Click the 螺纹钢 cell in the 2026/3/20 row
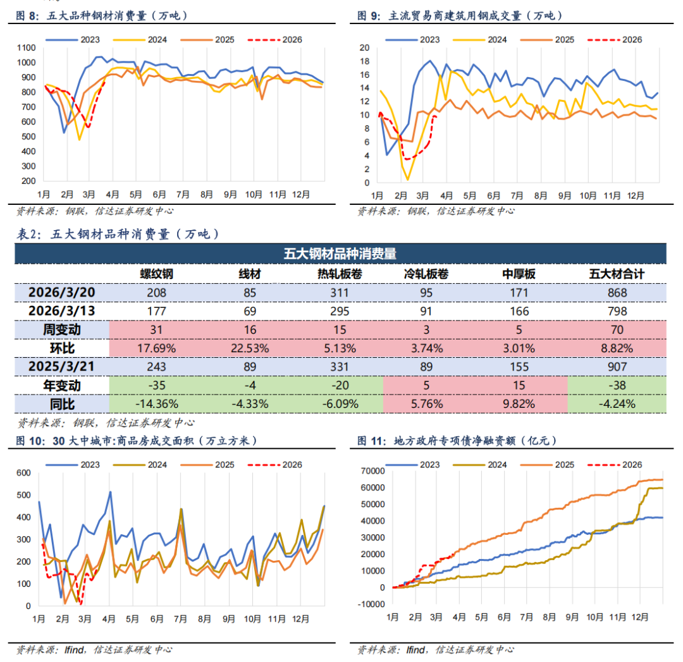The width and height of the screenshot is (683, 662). pyautogui.click(x=156, y=292)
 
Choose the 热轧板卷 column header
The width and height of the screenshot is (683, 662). pyautogui.click(x=340, y=274)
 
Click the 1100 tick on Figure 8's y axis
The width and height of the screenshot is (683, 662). pyautogui.click(x=27, y=48)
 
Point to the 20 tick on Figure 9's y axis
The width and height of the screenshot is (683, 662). pyautogui.click(x=364, y=48)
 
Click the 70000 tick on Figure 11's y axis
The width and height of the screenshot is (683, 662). pyautogui.click(x=371, y=471)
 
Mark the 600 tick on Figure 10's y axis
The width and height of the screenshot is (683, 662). pyautogui.click(x=23, y=473)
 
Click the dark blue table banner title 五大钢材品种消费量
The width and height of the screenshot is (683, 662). pyautogui.click(x=341, y=254)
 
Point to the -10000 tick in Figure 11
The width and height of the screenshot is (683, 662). pyautogui.click(x=371, y=604)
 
